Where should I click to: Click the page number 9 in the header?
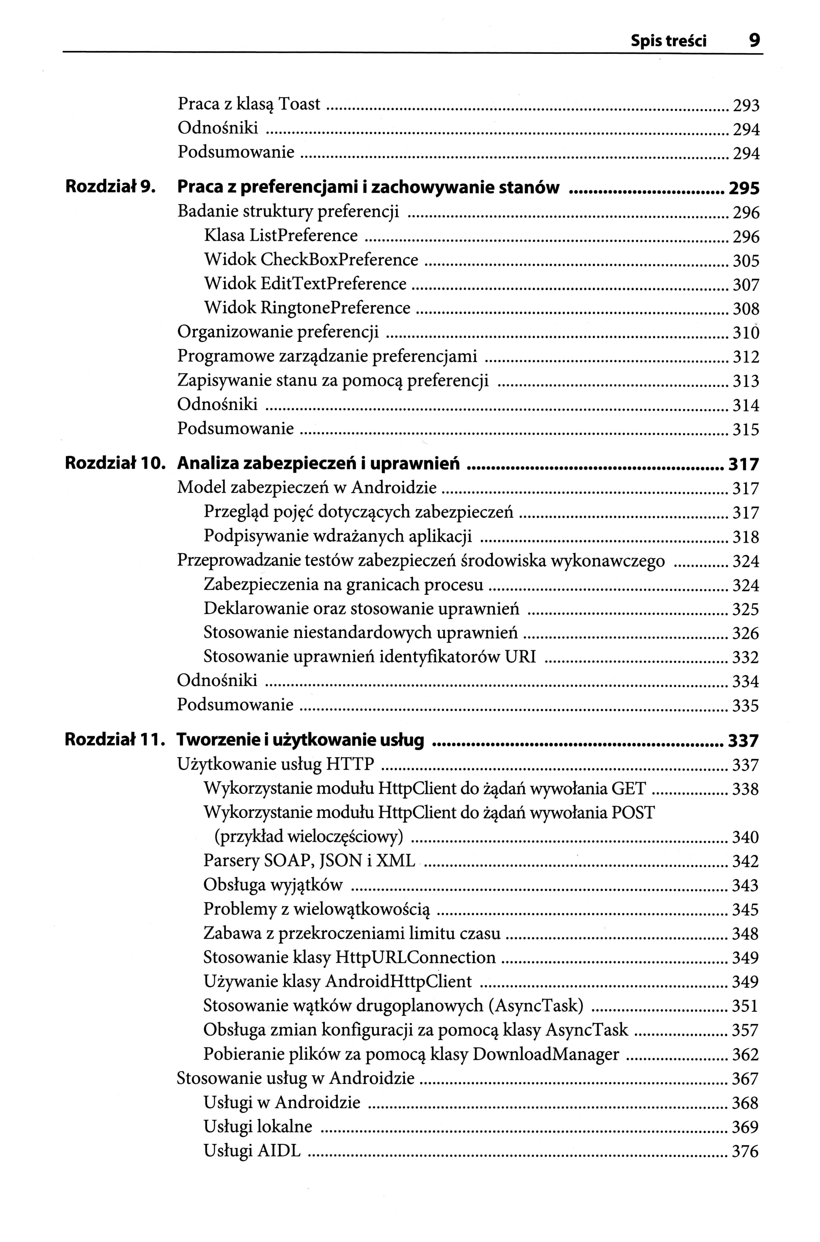tap(754, 40)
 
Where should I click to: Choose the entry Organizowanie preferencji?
tap(278, 332)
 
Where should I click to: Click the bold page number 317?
tap(743, 464)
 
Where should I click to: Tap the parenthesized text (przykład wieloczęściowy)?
tap(308, 837)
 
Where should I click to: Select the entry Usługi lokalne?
tap(258, 1126)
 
